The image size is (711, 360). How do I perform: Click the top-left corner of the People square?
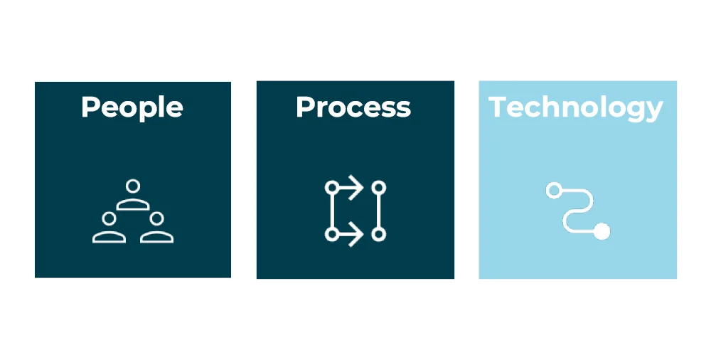35,82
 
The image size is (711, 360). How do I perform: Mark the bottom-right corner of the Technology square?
677,278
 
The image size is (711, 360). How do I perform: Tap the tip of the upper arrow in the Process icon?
363,187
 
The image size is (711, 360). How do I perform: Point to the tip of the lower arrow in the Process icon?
363,234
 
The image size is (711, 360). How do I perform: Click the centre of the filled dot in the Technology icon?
602,231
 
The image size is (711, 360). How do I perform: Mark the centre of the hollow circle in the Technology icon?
554,190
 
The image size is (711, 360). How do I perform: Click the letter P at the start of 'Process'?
305,107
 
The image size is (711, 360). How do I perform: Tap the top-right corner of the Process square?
454,81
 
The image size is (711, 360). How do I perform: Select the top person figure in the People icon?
133,195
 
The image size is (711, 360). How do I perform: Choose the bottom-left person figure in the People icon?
109,228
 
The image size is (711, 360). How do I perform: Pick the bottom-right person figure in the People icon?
157,228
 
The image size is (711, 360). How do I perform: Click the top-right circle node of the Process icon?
379,187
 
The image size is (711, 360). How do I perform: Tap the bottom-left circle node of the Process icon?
332,234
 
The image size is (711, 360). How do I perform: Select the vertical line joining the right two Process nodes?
379,211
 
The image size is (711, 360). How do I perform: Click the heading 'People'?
132,108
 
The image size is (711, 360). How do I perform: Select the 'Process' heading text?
353,107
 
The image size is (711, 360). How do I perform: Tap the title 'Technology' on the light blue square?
576,109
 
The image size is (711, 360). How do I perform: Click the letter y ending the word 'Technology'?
654,112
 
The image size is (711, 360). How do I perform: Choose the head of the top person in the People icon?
133,186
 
